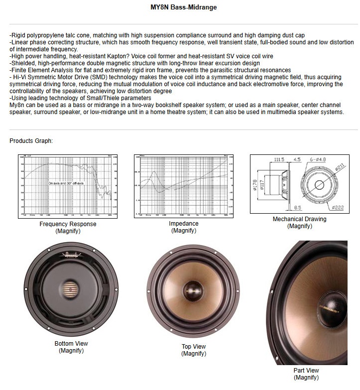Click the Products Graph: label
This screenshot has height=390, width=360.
pyautogui.click(x=31, y=141)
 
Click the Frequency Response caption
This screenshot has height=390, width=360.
pyautogui.click(x=68, y=224)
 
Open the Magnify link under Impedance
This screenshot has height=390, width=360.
pyautogui.click(x=183, y=231)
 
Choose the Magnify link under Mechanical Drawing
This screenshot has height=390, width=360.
pyautogui.click(x=299, y=226)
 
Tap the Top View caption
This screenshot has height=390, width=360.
pyautogui.click(x=194, y=347)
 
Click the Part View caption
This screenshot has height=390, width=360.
pyautogui.click(x=306, y=371)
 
